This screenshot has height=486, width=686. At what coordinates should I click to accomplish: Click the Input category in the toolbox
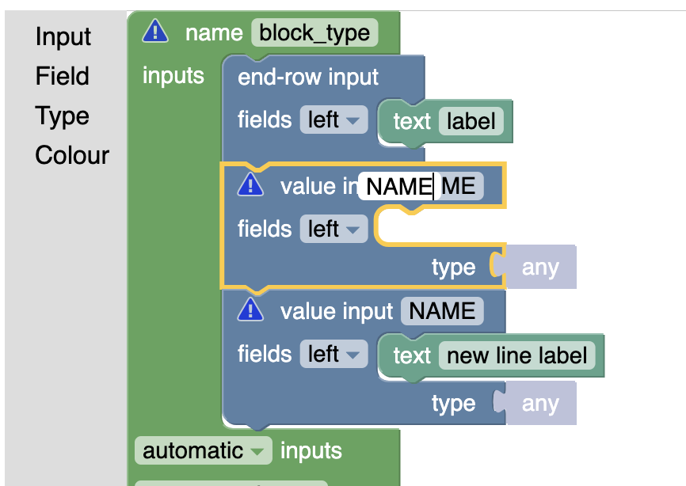click(63, 37)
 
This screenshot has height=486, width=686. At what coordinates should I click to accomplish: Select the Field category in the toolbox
click(62, 77)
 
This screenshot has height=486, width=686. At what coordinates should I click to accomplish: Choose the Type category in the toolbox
click(62, 116)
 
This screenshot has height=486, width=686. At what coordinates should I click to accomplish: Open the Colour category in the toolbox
click(72, 155)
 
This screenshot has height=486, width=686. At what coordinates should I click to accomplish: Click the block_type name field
click(314, 33)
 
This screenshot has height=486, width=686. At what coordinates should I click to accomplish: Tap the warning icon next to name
click(155, 32)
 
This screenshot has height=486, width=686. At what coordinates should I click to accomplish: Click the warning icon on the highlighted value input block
click(250, 185)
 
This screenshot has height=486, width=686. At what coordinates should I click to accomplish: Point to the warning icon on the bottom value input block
click(250, 309)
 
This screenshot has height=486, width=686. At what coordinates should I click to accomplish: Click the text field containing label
click(471, 121)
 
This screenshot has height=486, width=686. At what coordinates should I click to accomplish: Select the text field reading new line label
click(516, 355)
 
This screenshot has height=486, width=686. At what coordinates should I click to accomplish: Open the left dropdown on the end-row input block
click(333, 120)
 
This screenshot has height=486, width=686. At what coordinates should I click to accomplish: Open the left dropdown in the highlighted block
click(333, 230)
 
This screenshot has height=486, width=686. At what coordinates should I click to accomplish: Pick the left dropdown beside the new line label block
click(333, 354)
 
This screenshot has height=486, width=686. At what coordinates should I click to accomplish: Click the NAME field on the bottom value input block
click(441, 311)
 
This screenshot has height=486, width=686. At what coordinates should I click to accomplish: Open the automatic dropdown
click(203, 451)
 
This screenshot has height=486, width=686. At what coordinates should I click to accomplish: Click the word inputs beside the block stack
click(173, 76)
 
